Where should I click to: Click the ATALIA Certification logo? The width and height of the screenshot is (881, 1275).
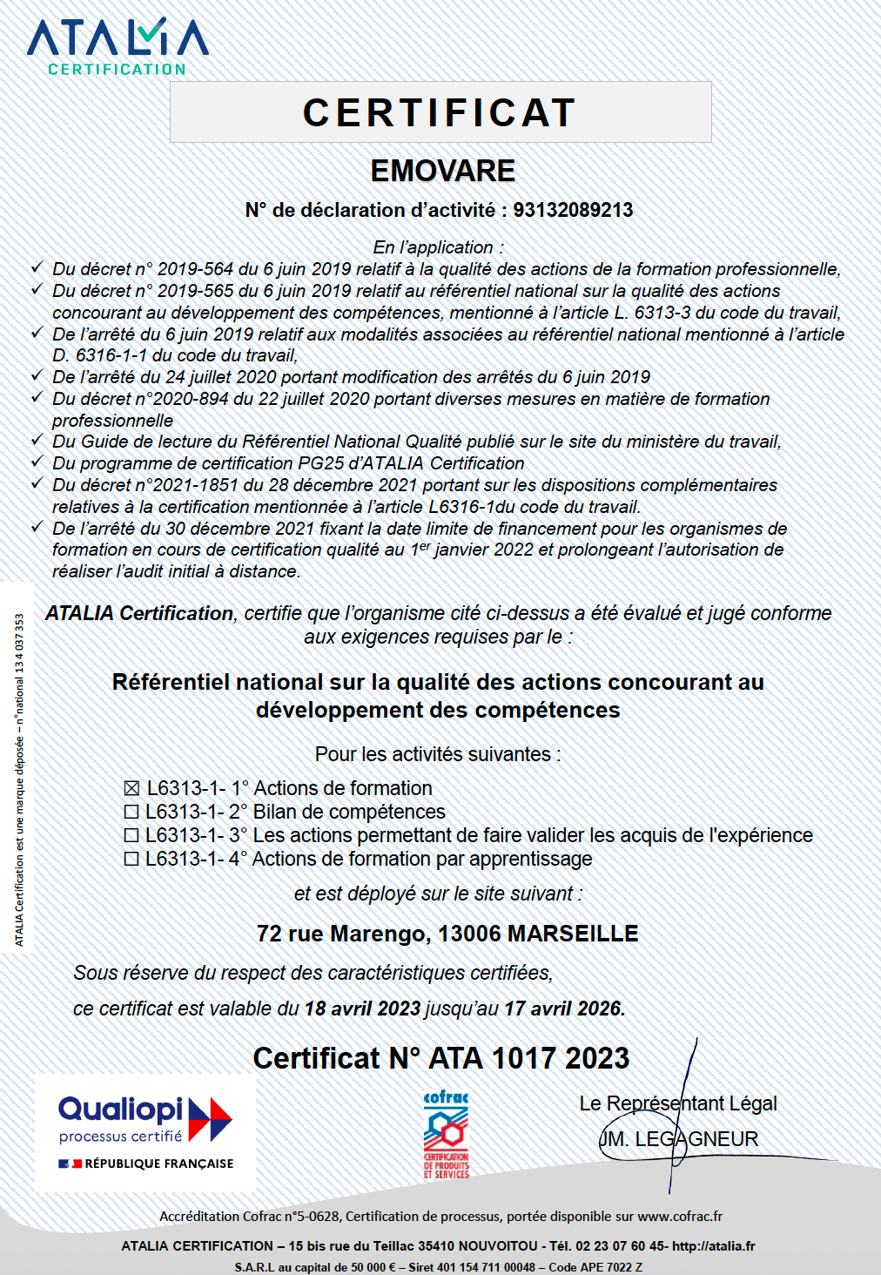point(118,46)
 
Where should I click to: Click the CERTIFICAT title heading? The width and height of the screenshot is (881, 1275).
point(440,112)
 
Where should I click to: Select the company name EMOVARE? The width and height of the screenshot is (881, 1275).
point(443,171)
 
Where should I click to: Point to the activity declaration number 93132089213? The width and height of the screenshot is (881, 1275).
point(573,210)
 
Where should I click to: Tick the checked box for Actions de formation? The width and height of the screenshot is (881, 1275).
point(131,788)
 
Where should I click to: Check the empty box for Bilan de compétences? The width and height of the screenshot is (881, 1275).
point(131,812)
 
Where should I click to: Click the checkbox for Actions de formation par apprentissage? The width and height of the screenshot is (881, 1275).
point(131,859)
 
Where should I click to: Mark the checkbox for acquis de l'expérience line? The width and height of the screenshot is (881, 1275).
point(131,835)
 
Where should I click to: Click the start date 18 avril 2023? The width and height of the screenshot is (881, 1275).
point(362,1009)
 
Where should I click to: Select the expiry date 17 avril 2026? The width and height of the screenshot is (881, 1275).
point(562,1009)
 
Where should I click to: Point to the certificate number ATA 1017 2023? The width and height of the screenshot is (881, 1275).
point(528,1058)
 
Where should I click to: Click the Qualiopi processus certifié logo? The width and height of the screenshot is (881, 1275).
point(145,1131)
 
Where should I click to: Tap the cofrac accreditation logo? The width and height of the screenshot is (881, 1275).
point(446,1135)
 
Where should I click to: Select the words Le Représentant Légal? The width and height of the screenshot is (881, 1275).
point(678,1103)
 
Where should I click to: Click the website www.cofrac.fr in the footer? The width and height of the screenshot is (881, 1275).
point(680,1216)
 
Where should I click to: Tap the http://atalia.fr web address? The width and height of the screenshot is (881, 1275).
point(714,1246)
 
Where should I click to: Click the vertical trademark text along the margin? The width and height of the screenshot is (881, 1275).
point(19,779)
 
